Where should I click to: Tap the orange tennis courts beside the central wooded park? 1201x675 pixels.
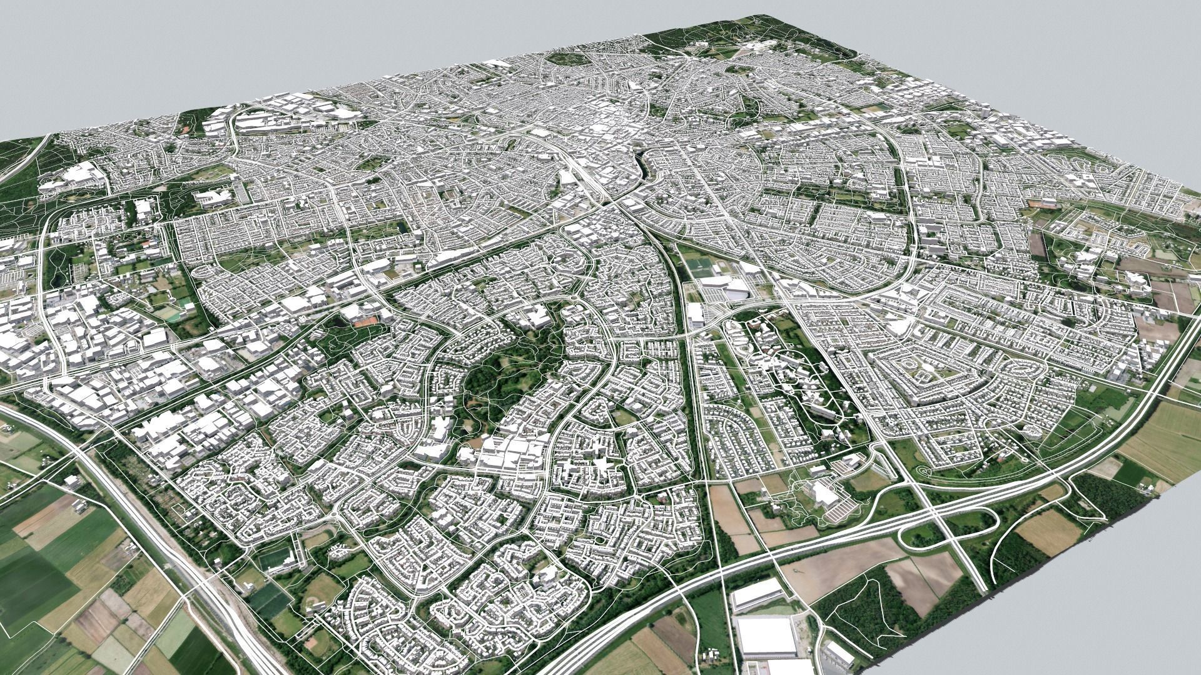[363, 322]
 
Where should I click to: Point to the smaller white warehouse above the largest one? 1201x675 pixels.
[757, 594]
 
